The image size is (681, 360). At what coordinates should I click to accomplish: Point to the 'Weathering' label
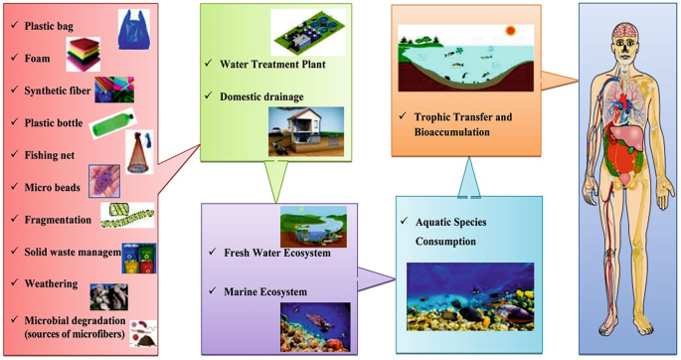50,285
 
